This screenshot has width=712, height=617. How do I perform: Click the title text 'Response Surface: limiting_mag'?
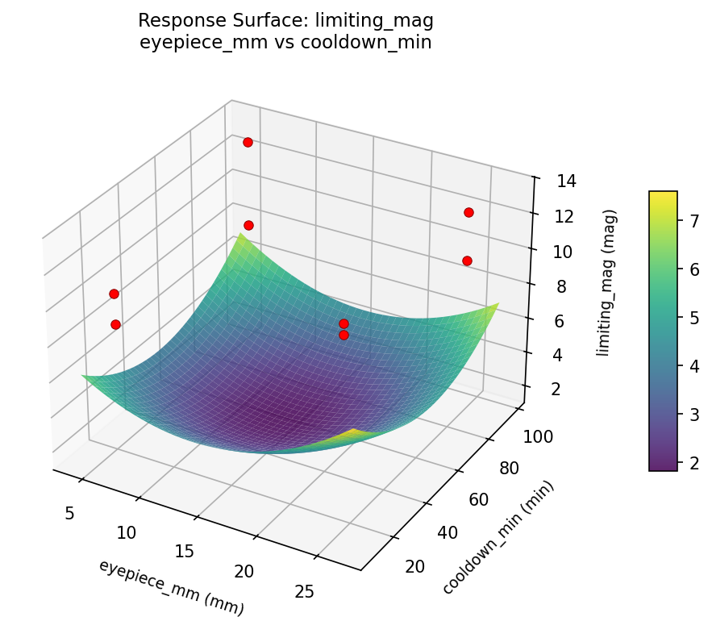(x=285, y=20)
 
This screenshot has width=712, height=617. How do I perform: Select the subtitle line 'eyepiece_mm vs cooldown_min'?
(x=285, y=42)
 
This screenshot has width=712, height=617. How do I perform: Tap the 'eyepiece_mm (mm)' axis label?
(x=171, y=587)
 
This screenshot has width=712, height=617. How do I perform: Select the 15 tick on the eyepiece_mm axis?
(x=185, y=551)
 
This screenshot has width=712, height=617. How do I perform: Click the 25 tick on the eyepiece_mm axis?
(x=305, y=591)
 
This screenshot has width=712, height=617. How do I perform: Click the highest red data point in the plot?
(x=248, y=142)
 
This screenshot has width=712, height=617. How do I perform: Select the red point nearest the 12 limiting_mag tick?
(x=468, y=212)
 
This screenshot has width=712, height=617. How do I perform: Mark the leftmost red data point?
(x=114, y=294)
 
